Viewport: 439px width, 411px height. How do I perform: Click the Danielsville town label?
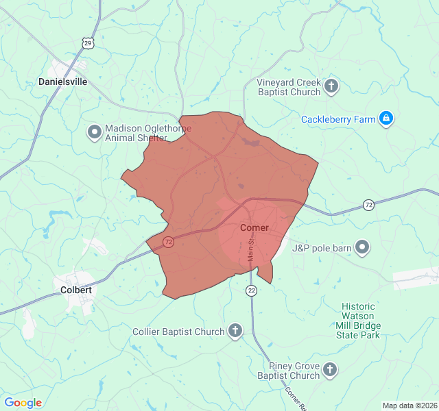(x=63, y=82)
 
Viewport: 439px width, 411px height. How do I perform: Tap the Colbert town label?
(x=76, y=290)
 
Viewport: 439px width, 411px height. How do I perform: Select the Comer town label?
(x=254, y=227)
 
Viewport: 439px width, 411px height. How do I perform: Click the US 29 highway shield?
(x=87, y=42)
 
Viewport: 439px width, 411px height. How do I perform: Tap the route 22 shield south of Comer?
(x=252, y=291)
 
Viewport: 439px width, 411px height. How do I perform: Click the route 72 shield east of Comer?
(x=368, y=206)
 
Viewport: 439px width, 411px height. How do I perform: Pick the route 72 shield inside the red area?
(x=168, y=242)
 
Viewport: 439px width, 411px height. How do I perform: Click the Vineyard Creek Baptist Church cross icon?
(x=332, y=86)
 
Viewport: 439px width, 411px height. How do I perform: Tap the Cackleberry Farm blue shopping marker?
(x=386, y=119)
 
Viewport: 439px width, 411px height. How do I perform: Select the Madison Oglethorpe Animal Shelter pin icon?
(x=95, y=131)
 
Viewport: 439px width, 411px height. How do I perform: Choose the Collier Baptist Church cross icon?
(x=235, y=332)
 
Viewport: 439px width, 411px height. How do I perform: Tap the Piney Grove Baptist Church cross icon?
(x=330, y=370)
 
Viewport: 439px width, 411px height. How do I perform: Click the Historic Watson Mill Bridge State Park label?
(x=357, y=321)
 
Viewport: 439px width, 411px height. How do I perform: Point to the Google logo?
(x=23, y=403)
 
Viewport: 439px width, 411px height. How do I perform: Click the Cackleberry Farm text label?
(x=338, y=119)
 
